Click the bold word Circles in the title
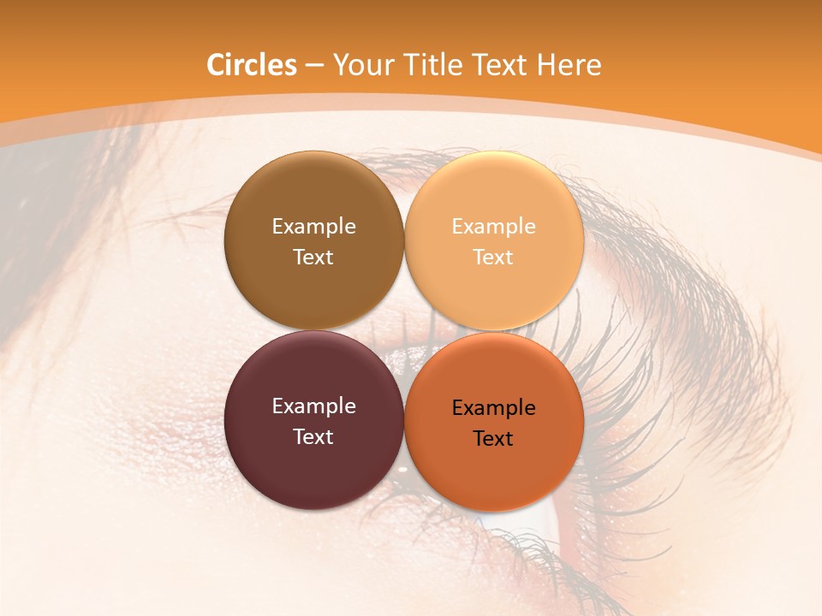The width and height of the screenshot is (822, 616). (x=251, y=65)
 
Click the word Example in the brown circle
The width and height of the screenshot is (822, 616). (x=313, y=227)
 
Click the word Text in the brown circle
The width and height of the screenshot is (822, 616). (x=313, y=257)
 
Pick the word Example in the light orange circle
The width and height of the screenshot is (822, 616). (x=493, y=227)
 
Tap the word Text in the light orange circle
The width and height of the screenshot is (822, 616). (x=493, y=257)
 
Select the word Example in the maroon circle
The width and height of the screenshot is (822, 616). (x=313, y=406)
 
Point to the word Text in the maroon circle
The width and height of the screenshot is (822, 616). (x=313, y=436)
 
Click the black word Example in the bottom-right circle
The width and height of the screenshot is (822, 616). (x=493, y=408)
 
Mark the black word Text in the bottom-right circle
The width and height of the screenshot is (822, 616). (x=493, y=439)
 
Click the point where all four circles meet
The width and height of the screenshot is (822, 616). (x=404, y=330)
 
